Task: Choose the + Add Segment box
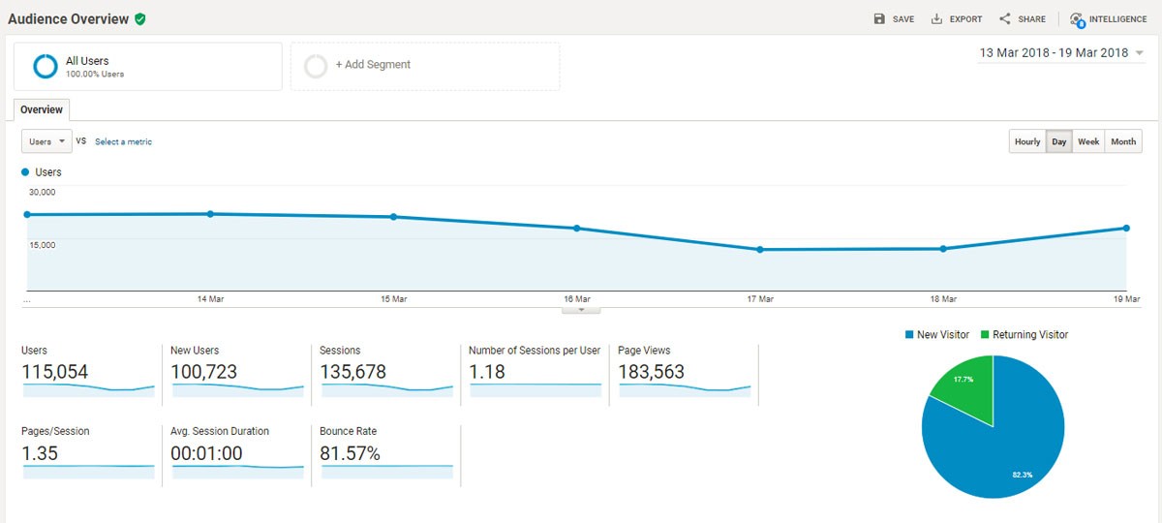[425, 65]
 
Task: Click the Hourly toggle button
[1027, 142]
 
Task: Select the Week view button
[1088, 142]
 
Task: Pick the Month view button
[1123, 142]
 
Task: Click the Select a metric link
[123, 142]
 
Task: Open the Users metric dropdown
[46, 141]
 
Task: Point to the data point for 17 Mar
[760, 249]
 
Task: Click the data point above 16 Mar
[577, 229]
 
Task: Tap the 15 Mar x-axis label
[393, 299]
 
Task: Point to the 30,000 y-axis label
[43, 192]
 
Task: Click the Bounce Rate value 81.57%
[350, 453]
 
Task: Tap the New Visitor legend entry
[936, 334]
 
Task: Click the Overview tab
[42, 110]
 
